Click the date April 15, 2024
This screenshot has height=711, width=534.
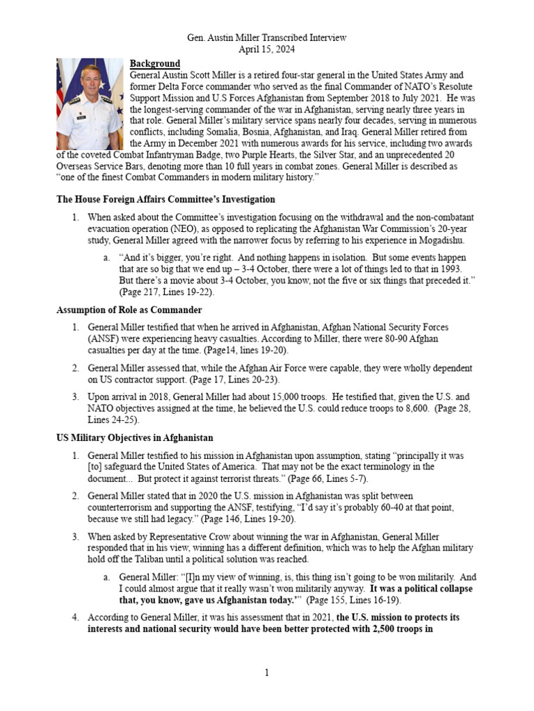268,49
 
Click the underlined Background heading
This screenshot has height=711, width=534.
155,63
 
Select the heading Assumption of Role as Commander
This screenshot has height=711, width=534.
129,310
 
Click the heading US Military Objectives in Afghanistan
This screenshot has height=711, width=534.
134,438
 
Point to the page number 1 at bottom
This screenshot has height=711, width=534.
267,673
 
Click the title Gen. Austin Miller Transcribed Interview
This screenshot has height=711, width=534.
268,37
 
